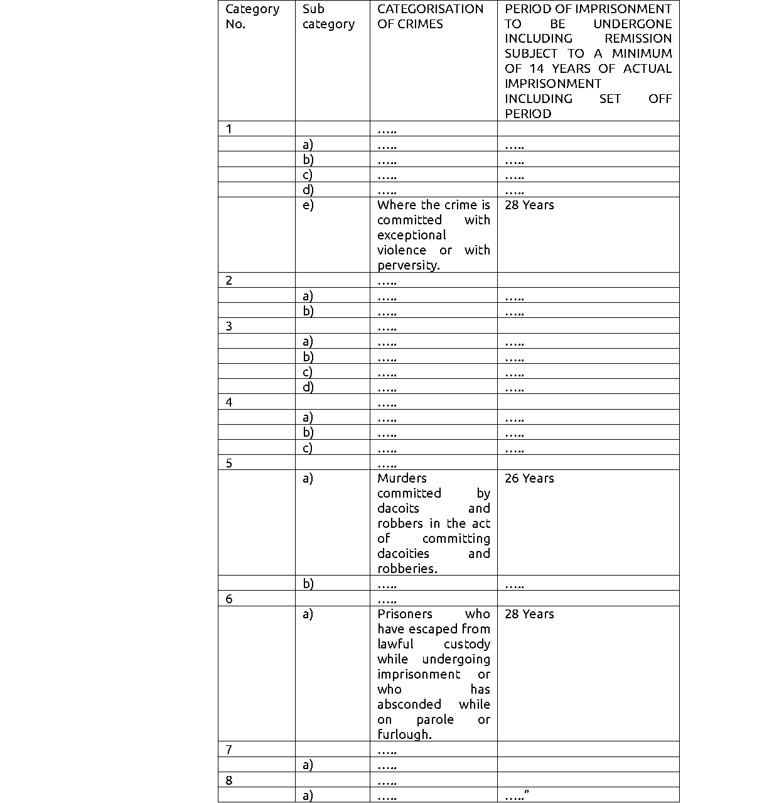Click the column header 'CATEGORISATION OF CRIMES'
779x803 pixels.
coord(430,16)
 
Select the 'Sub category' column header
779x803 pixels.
coord(328,16)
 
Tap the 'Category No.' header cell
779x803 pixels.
coord(252,16)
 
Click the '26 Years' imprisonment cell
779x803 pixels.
coord(529,478)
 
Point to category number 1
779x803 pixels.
coord(229,129)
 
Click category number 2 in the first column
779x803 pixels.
coord(229,280)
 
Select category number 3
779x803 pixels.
coord(229,326)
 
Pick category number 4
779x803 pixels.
coord(229,402)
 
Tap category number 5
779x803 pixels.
coord(229,463)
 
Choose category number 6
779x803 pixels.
coord(229,599)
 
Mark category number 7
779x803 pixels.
coord(229,750)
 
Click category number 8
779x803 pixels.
coord(229,780)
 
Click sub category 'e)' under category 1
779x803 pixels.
coord(308,205)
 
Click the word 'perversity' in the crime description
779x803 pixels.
coord(407,265)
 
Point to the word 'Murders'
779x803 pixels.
coord(402,478)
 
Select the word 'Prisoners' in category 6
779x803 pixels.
coord(404,614)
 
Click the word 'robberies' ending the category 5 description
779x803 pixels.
coord(406,569)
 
